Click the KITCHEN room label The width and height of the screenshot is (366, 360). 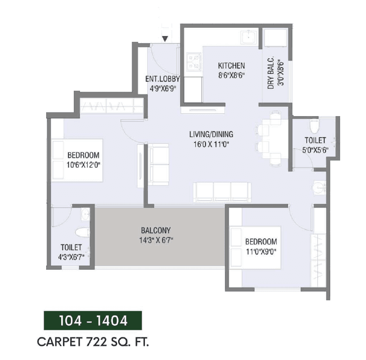click(231, 65)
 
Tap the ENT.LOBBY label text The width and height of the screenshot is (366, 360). click(161, 78)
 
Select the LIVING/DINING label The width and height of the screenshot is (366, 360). click(211, 133)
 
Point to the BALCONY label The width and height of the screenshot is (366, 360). click(156, 231)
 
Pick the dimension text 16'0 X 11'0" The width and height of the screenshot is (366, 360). click(211, 144)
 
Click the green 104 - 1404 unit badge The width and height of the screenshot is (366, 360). click(93, 321)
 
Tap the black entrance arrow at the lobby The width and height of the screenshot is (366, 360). click(165, 39)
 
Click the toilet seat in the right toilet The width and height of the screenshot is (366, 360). click(314, 126)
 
